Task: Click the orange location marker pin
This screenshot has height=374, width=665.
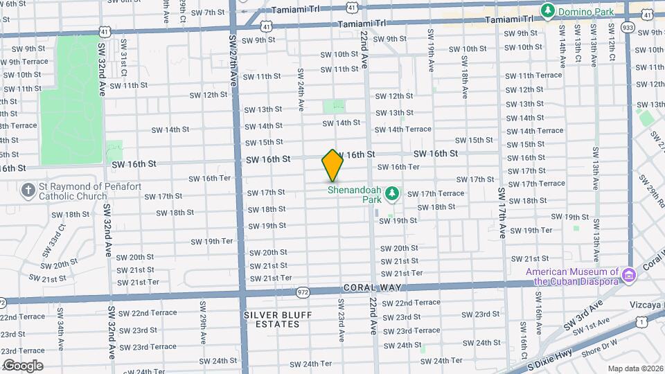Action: (x=332, y=165)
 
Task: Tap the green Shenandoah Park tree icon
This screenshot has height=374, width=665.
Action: (x=392, y=192)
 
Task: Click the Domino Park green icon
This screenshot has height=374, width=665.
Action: (x=548, y=10)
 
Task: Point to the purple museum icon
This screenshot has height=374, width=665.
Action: (x=628, y=276)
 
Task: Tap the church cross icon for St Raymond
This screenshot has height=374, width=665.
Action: (x=28, y=190)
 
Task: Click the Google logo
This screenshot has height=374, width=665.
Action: (x=22, y=365)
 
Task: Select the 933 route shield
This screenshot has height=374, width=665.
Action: (x=628, y=27)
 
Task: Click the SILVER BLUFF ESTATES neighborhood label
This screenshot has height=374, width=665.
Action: (x=278, y=319)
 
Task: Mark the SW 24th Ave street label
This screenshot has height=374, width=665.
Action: (x=301, y=90)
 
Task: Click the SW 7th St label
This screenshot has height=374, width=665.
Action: (x=208, y=12)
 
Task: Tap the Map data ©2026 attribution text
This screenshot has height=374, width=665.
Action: (x=635, y=368)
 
